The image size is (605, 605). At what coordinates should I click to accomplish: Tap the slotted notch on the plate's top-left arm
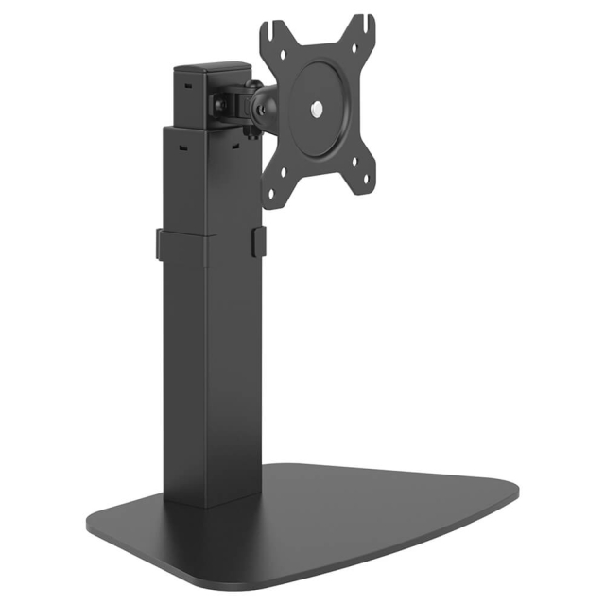tap(273, 38)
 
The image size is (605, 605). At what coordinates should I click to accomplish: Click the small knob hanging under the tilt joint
tap(253, 132)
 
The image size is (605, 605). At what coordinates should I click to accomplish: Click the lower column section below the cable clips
tap(210, 378)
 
